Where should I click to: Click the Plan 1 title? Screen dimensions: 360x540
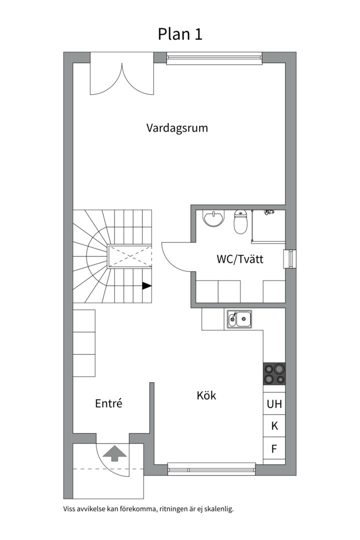point(180,34)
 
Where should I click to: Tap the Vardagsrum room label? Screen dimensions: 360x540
point(177,128)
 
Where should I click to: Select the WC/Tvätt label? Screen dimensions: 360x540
point(240,259)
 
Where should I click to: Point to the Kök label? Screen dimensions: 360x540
point(206,395)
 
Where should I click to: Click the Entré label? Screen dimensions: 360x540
point(108,403)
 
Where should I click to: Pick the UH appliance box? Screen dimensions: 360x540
point(274,403)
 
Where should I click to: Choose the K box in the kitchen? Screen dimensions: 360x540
point(274,426)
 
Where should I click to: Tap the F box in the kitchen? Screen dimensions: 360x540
point(274,448)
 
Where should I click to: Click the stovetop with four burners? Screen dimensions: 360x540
point(274,373)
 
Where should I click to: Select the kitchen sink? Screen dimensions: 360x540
point(239,319)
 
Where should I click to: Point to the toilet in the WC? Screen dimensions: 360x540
point(240,221)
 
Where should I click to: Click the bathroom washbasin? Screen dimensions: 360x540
point(213,218)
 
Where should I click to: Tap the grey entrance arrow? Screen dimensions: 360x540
point(114,453)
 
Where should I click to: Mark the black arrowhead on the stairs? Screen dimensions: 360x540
point(147,285)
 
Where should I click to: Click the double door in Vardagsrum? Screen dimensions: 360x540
point(122,78)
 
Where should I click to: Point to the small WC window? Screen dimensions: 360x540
point(289,258)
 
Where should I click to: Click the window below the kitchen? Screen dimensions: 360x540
point(211,469)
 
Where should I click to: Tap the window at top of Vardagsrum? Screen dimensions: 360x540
point(214,58)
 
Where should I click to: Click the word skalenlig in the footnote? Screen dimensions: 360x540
point(219,509)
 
